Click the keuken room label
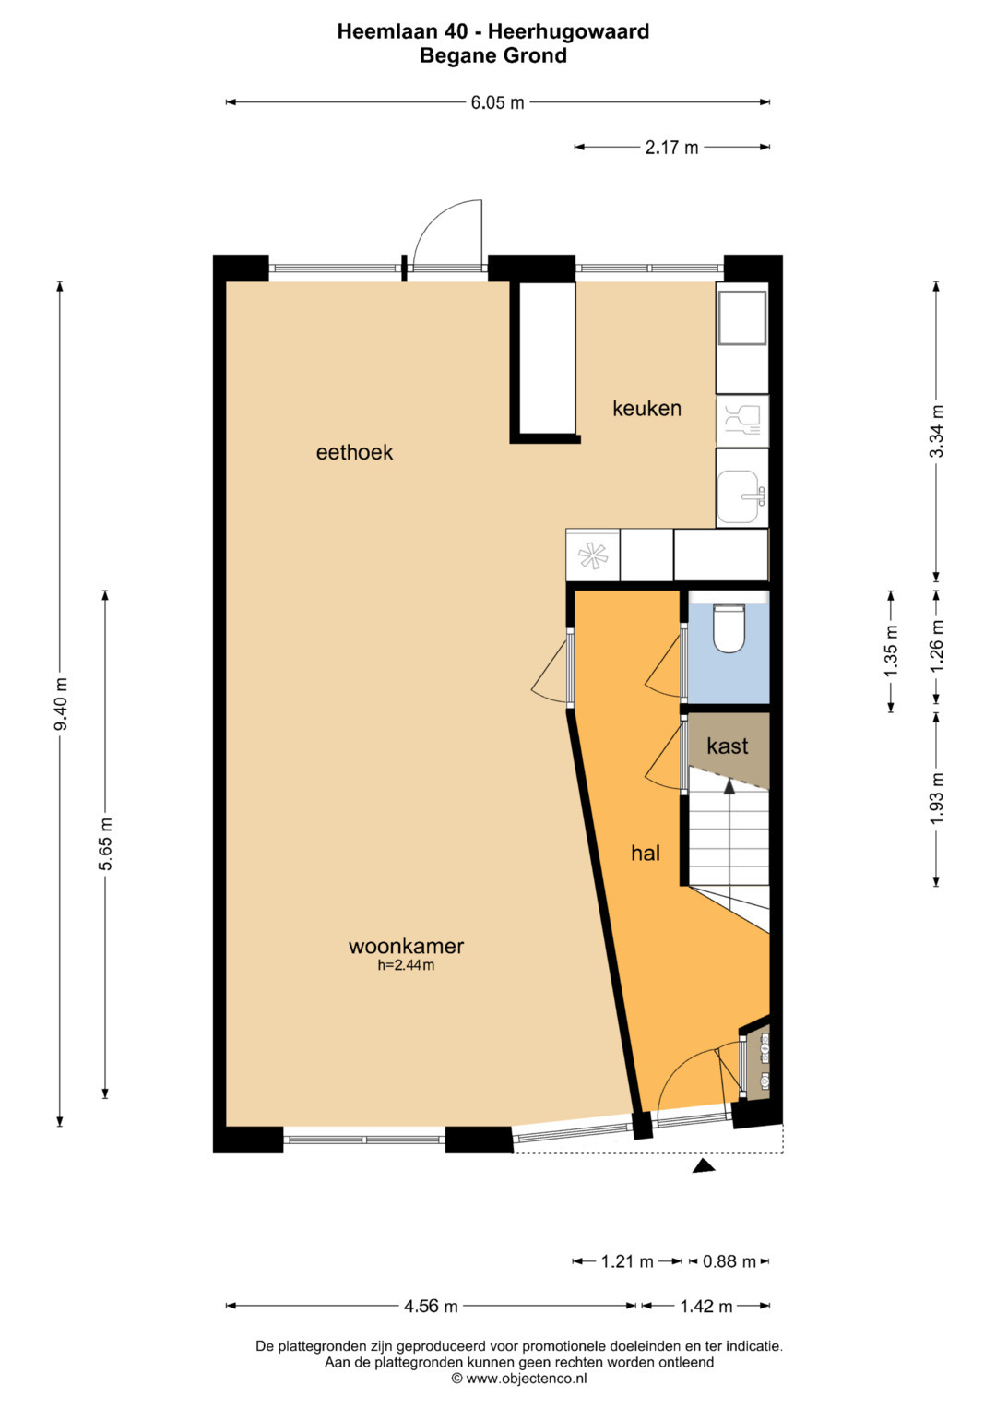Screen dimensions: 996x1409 coord(646,409)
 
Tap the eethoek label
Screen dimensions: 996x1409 coord(354,452)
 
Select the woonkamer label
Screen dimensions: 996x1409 coord(406,946)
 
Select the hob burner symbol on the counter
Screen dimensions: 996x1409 coord(593,555)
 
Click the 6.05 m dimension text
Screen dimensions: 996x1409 coord(497,102)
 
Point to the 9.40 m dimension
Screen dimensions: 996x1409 coord(61,704)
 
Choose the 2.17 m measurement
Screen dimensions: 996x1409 coord(671,148)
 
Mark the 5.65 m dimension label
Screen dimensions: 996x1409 coord(106,845)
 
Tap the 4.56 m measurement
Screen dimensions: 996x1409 coord(431,1307)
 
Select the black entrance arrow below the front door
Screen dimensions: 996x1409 coord(705,1167)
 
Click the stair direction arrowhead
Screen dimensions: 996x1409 coord(729,785)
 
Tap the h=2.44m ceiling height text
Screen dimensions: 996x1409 coord(406,965)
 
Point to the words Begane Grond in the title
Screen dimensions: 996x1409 coord(493,56)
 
